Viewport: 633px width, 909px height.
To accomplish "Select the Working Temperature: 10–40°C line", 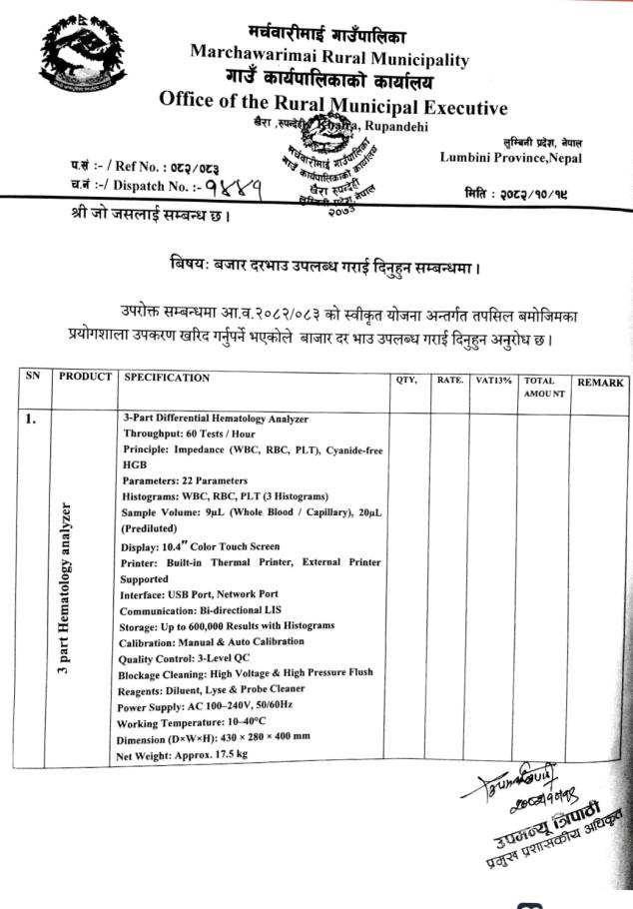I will (x=202, y=722).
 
